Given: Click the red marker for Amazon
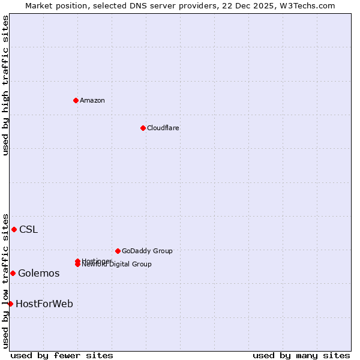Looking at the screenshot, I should point(76,100).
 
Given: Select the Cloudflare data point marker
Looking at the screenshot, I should point(143,128).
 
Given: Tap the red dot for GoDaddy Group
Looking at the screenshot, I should point(118,251).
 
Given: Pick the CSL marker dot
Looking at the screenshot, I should point(14,229).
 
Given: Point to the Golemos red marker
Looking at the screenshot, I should point(13,273).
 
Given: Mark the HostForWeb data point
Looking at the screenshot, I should point(10,304).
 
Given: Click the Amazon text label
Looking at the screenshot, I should point(92,100).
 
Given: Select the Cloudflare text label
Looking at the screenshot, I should point(163,128).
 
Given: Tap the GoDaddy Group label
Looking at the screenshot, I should point(147,251).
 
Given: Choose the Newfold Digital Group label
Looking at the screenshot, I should point(118,265).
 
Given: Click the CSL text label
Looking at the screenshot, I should point(28,229).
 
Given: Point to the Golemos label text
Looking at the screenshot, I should point(38,273).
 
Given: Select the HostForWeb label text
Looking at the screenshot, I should point(44,304).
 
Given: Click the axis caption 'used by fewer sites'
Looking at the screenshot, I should point(62,355).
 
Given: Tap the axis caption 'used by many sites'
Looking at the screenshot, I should point(301,355).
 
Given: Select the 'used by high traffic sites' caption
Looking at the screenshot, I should point(5,85).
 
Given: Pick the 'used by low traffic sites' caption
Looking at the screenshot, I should point(5,280).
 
